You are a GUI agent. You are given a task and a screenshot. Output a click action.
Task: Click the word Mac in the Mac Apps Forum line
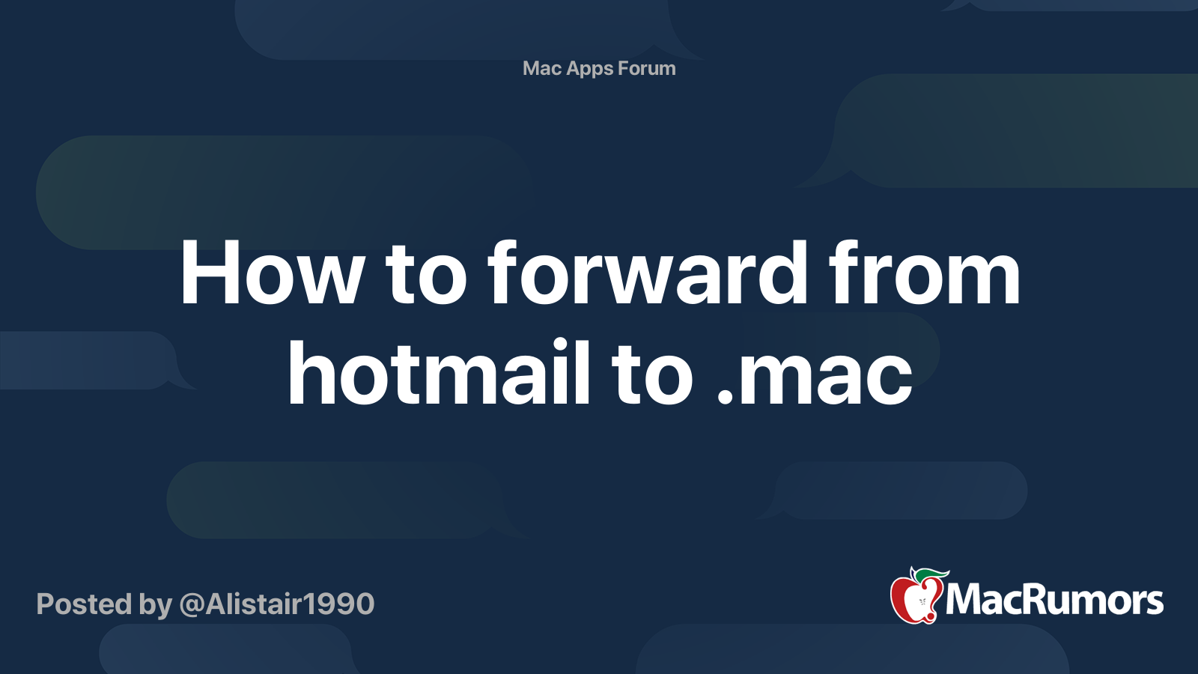[x=541, y=68]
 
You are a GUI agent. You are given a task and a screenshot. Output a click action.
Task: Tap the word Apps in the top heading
[x=590, y=69]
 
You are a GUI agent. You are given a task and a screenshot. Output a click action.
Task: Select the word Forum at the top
[x=646, y=68]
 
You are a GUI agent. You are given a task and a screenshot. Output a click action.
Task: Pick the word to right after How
[x=426, y=276]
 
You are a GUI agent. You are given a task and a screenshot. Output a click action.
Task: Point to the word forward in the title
[x=648, y=274]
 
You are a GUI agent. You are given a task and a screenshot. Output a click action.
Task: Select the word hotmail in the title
[x=439, y=373]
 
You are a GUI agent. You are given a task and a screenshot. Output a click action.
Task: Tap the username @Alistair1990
[x=276, y=604]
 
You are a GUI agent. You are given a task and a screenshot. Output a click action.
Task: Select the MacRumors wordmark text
[x=1054, y=600]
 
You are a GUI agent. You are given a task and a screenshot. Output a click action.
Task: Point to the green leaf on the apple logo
[x=931, y=575]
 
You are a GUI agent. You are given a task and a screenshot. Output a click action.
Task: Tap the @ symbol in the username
[x=192, y=604]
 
